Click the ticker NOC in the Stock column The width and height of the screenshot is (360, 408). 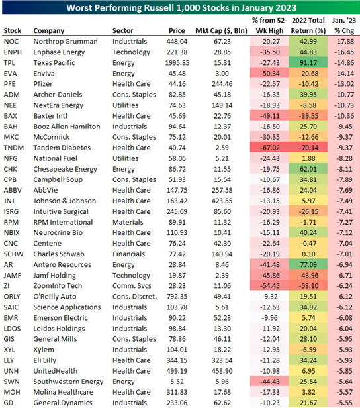[x=11, y=41]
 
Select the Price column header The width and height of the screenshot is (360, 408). [x=177, y=30]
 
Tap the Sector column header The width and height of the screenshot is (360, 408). [x=122, y=30]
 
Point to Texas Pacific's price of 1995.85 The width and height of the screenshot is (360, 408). [x=177, y=63]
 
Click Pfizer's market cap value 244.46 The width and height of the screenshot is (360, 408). [x=222, y=84]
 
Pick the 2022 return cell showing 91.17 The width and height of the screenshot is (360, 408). [x=308, y=63]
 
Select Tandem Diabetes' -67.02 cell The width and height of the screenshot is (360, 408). [x=269, y=148]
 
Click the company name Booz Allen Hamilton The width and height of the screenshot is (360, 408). [x=67, y=127]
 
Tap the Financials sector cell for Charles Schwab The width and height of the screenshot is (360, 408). [x=128, y=254]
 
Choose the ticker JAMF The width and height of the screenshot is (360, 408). [x=13, y=276]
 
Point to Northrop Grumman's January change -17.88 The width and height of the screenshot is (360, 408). [x=344, y=41]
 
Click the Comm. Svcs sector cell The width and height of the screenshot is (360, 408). [x=132, y=286]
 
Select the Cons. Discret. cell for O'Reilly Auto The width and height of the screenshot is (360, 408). [x=134, y=297]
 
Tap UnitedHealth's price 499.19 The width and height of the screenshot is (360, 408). [x=177, y=371]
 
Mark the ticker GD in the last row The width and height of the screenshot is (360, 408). [x=9, y=403]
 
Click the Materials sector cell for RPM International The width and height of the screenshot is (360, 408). [x=128, y=223]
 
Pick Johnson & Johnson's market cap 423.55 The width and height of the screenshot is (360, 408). [x=222, y=201]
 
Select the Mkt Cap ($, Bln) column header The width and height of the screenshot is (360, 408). [x=221, y=30]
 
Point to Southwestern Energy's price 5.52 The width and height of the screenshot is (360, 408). [x=177, y=382]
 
